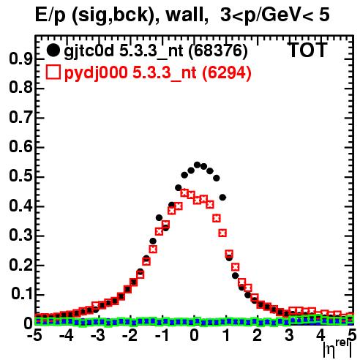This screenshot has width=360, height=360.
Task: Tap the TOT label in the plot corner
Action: coord(307,50)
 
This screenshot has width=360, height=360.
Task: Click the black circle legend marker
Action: coord(53,50)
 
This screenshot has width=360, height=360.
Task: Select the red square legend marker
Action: coord(53,72)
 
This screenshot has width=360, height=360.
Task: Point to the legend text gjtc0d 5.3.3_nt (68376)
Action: coord(156,51)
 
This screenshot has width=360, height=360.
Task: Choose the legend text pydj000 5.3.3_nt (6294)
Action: coord(157,73)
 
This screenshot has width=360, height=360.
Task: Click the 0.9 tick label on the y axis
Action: coord(21,59)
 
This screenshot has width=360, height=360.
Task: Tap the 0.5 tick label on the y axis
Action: coord(21,176)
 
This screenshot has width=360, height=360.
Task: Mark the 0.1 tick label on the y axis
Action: coord(21,294)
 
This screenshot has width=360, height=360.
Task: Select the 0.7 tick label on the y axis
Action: coord(21,118)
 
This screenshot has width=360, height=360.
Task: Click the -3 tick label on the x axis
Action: coord(98,335)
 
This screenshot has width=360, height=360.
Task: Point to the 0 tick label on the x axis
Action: coord(194,335)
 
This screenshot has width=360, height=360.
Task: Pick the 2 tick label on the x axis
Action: coord(258,335)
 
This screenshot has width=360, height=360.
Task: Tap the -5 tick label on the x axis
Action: coord(34,335)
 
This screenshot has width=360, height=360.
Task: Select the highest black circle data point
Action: coord(198,165)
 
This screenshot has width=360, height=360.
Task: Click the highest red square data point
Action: coord(184,193)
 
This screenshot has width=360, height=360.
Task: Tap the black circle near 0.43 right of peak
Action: coord(222,198)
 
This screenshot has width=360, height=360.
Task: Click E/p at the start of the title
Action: coord(50,15)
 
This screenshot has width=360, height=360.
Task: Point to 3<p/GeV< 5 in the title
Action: coord(275,15)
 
